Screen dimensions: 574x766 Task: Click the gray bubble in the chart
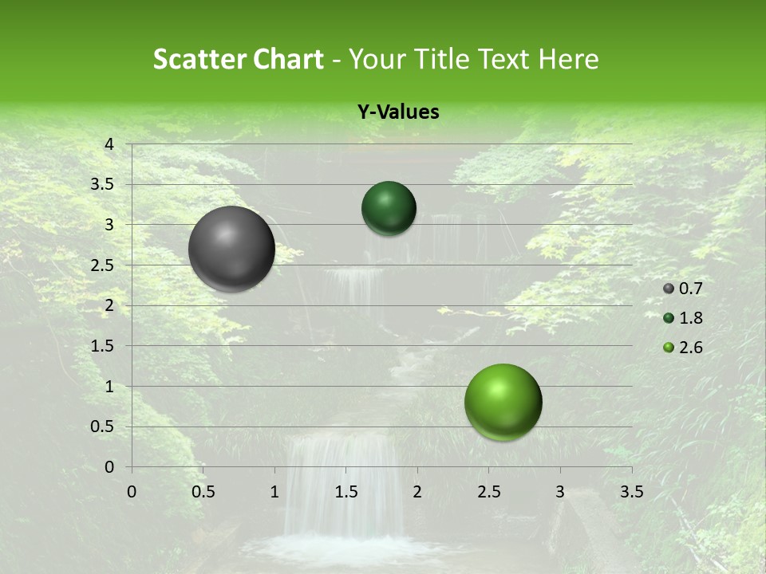point(231,249)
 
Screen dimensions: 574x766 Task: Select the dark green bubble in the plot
point(389,208)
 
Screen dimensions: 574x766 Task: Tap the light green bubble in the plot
point(503,403)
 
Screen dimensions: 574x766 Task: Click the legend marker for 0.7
point(669,289)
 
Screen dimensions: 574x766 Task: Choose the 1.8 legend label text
point(691,318)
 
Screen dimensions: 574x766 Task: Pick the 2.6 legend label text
point(691,348)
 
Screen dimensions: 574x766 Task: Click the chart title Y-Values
point(398,112)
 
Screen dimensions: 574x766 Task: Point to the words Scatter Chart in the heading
point(238,59)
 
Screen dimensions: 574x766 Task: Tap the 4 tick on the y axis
point(109,144)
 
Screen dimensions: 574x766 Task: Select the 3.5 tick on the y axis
point(103,184)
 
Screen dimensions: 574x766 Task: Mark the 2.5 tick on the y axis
point(103,265)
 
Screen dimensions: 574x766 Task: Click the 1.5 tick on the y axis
point(103,346)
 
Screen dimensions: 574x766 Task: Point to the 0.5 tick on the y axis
point(103,427)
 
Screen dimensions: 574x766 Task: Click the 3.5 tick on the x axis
point(631,491)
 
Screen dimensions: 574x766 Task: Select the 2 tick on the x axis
point(417,491)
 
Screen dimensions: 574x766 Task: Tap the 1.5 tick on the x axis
point(345,491)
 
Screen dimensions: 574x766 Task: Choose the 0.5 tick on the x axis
point(203,491)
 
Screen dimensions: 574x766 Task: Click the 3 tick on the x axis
point(560,491)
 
